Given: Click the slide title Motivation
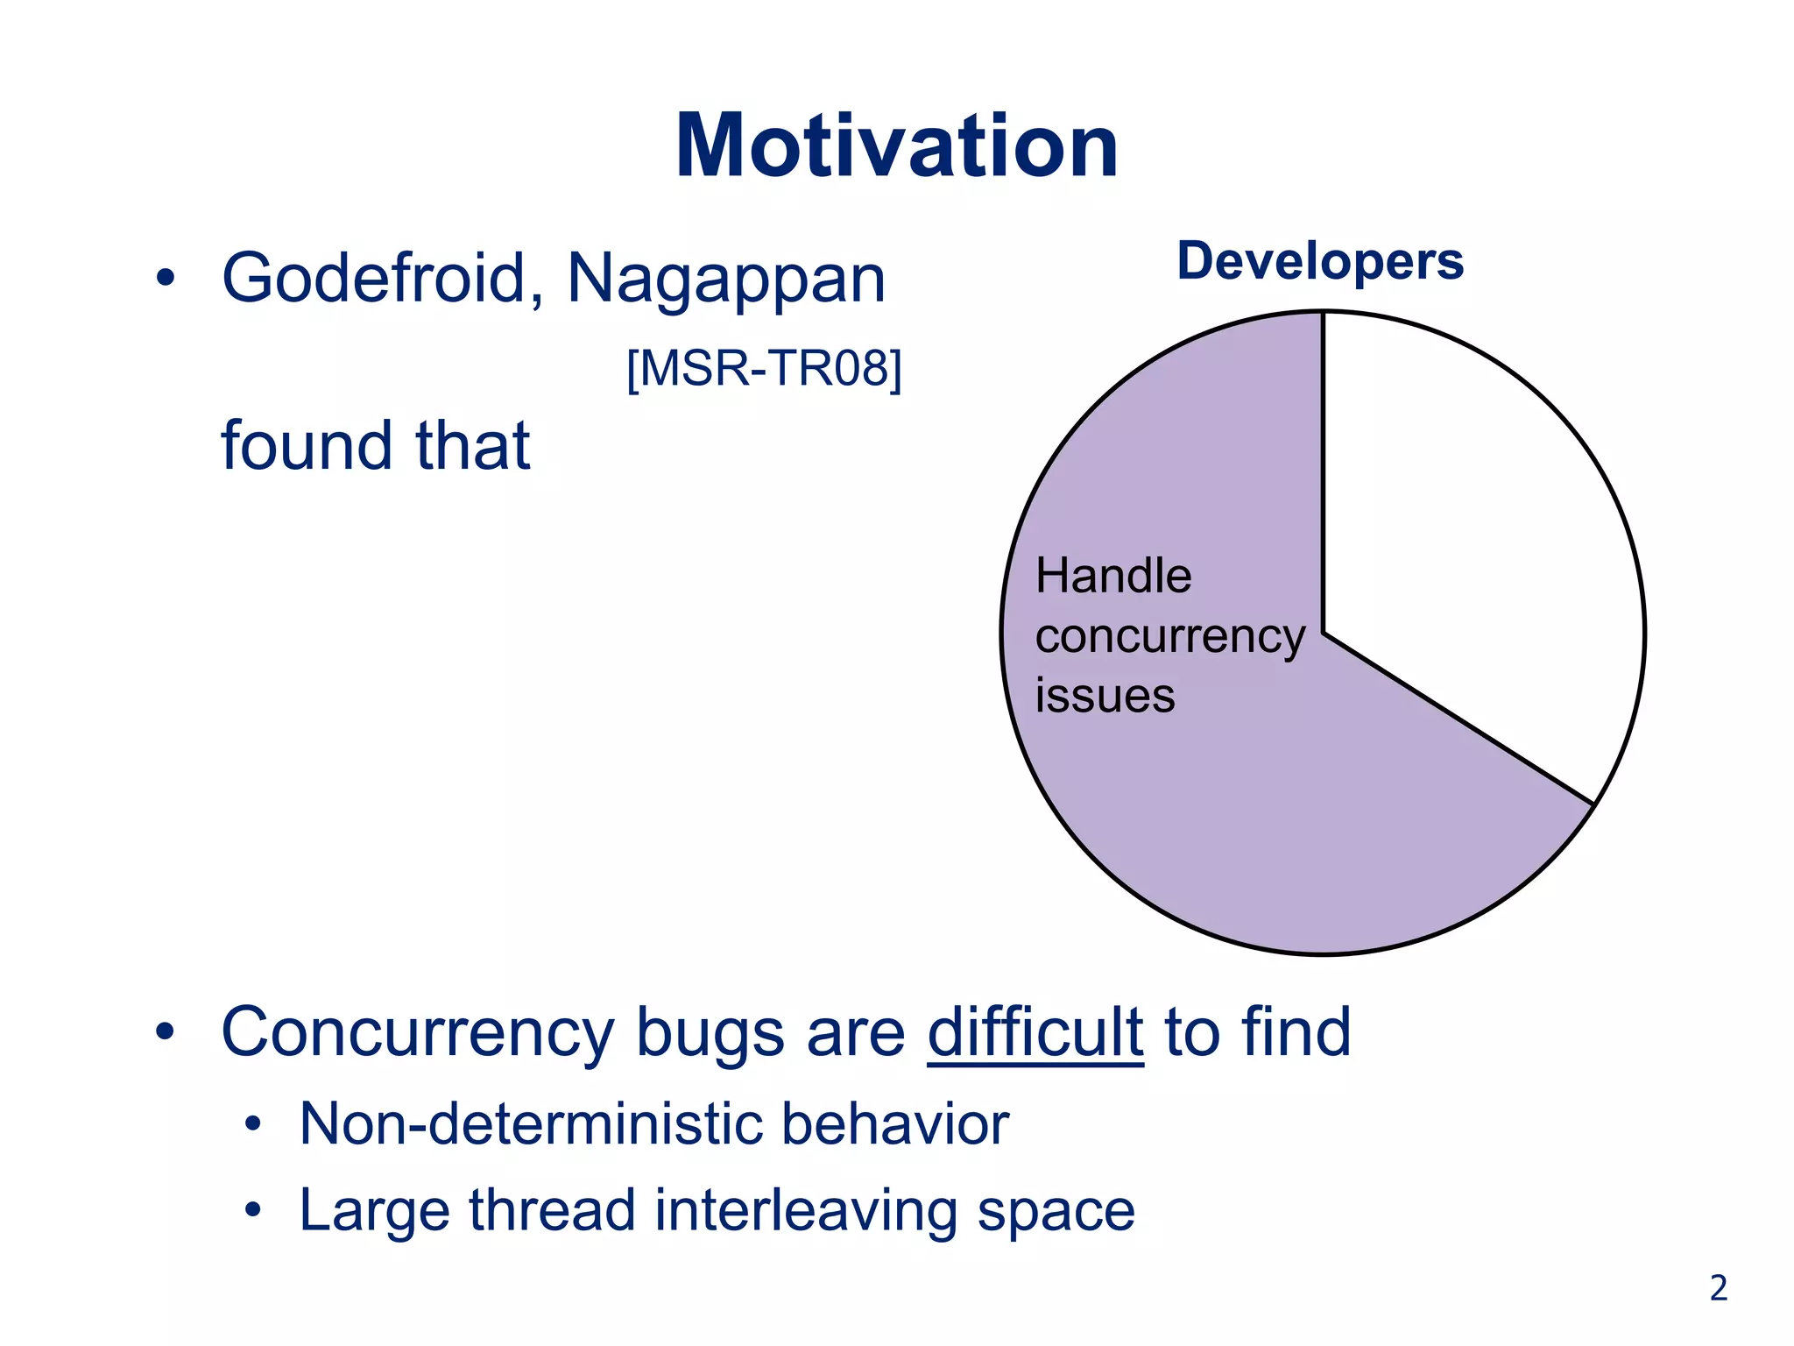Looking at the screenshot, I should [896, 146].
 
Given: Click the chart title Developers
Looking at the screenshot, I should [1319, 261].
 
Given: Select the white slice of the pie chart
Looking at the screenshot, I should [1472, 543].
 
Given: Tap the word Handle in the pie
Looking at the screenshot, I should [1112, 577].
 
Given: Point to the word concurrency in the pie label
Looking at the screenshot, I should [1169, 636].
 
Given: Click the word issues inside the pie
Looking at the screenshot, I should [1105, 696].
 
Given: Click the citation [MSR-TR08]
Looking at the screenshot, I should [764, 368].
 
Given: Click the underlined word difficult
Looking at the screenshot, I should [1035, 1032].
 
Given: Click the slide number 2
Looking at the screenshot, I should [1718, 1288].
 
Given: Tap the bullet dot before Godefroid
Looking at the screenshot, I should [165, 280].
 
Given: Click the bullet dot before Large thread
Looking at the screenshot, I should [253, 1211].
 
